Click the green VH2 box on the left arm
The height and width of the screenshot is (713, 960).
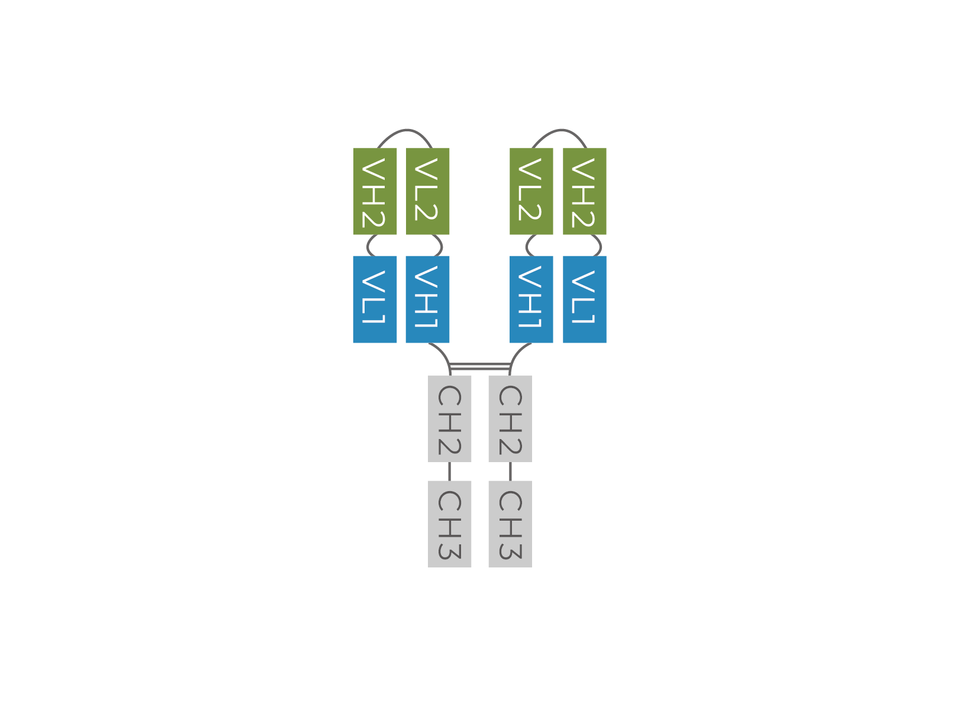(x=375, y=191)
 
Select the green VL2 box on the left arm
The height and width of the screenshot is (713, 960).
(x=428, y=191)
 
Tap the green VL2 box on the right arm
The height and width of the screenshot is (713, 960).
(x=531, y=191)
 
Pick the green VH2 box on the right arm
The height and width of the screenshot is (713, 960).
(x=584, y=191)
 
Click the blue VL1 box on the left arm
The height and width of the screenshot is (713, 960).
(x=375, y=299)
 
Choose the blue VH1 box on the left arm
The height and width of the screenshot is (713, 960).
(x=428, y=299)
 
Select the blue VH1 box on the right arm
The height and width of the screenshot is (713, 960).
(x=531, y=299)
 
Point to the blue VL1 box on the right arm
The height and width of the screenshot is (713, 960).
(x=584, y=299)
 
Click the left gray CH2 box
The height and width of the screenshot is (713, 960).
(x=449, y=418)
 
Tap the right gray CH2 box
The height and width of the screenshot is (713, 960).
(x=510, y=418)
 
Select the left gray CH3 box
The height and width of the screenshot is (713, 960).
(x=449, y=524)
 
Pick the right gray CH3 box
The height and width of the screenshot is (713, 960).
(x=510, y=524)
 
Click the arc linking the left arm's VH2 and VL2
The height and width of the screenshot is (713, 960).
(x=407, y=130)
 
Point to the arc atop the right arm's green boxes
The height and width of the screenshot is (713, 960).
(x=561, y=130)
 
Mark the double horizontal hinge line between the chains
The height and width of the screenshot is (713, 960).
(x=480, y=366)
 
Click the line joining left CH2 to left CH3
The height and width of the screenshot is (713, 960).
(x=449, y=472)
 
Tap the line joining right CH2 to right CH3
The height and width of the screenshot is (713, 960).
(x=510, y=472)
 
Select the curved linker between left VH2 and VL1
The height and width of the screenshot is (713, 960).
(x=368, y=246)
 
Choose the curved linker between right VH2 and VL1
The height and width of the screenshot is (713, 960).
(x=600, y=246)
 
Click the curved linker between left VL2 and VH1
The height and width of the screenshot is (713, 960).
(x=442, y=246)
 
